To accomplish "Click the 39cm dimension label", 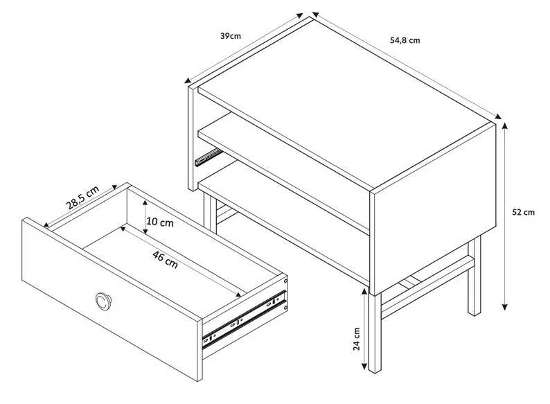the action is tap(231, 36).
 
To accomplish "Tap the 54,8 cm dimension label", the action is tap(405, 40).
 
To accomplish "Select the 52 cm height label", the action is tap(524, 212).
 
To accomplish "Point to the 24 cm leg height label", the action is tap(356, 339).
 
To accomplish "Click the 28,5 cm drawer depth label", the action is tap(83, 197).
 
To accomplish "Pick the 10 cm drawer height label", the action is tap(160, 222).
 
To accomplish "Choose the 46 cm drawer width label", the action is tap(165, 260).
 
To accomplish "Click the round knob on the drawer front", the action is tap(103, 301).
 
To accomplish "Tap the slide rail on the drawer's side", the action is tap(244, 320).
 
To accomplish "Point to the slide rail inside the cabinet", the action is tap(209, 157).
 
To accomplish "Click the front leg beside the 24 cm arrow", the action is tap(375, 333).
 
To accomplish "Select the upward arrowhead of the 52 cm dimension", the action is tap(504, 125).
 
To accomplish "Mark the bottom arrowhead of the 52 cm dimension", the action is tap(505, 307).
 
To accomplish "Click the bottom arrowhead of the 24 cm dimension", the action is tap(364, 366).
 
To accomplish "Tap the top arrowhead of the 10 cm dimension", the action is tap(145, 204).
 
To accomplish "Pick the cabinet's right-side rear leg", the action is tap(474, 276).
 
